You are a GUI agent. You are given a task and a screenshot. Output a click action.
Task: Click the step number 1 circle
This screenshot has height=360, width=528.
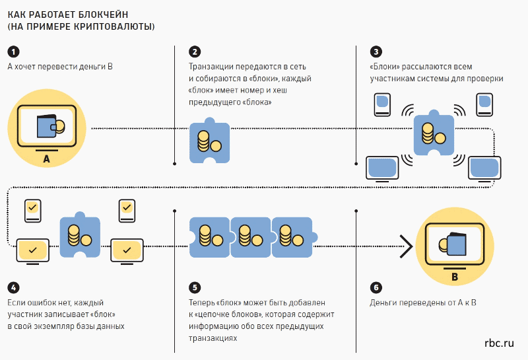[13, 52]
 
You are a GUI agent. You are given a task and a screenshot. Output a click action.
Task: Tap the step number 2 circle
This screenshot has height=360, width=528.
[194, 52]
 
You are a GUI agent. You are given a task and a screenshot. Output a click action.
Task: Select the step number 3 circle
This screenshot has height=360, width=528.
[376, 52]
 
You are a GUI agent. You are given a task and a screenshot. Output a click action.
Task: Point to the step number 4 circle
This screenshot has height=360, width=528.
[13, 287]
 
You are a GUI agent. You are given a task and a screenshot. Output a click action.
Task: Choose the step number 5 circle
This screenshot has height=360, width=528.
[194, 287]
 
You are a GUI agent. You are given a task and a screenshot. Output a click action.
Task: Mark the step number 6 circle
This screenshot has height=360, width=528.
[376, 287]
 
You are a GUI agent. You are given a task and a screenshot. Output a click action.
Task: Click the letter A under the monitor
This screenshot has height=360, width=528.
[46, 159]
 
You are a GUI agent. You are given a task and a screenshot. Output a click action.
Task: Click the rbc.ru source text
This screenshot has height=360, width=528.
[498, 343]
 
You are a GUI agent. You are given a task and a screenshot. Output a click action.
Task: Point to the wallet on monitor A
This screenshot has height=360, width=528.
[50, 126]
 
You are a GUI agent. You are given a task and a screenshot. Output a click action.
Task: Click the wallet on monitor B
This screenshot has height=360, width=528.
[455, 244]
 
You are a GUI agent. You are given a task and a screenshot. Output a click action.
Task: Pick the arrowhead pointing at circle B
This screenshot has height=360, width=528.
[406, 246]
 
